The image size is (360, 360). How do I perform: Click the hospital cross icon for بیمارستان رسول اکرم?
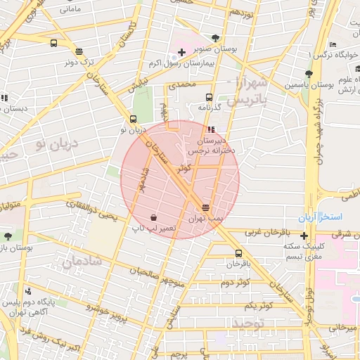181,53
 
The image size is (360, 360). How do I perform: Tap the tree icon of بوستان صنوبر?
215,39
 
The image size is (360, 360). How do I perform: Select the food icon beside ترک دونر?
78,51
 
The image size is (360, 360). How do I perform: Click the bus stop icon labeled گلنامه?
208,97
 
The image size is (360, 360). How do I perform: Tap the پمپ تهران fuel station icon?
205,207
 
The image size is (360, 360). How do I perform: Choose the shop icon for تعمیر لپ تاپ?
153,217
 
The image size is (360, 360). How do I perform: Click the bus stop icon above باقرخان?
238,253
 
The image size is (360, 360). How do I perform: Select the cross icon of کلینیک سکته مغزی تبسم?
304,235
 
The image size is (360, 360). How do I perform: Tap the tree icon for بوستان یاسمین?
308,74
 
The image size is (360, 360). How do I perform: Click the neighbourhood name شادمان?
83,260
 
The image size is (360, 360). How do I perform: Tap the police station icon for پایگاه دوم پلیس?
27,291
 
